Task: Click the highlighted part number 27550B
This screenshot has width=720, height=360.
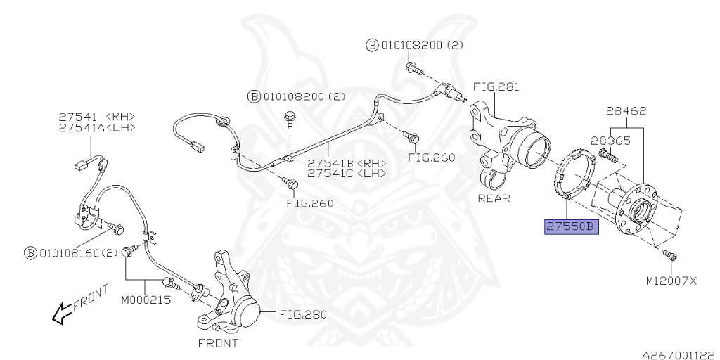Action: click(x=571, y=227)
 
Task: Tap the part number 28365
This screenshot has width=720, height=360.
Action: click(x=610, y=140)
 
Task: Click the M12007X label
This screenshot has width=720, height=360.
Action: click(x=671, y=281)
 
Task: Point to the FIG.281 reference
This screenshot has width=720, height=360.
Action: click(x=496, y=87)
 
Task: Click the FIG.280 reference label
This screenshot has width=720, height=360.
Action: click(x=303, y=314)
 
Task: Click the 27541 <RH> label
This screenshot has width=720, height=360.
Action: click(x=96, y=116)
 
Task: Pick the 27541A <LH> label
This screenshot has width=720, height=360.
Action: click(x=96, y=127)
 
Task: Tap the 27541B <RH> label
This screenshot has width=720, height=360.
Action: click(x=347, y=162)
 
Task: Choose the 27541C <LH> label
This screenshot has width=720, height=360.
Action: click(x=347, y=173)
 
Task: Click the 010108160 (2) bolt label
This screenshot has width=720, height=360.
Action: click(x=71, y=252)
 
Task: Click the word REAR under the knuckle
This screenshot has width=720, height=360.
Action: click(x=494, y=198)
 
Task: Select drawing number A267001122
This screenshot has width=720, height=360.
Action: click(x=677, y=355)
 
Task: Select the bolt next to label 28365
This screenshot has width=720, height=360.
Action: click(x=606, y=155)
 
